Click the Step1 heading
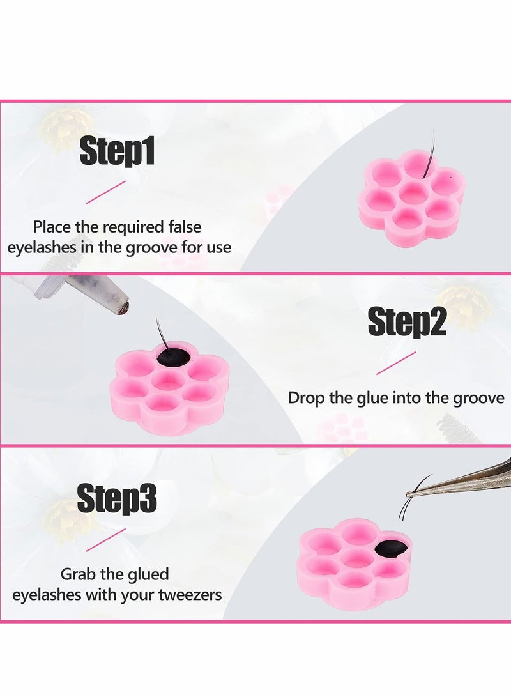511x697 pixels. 117,152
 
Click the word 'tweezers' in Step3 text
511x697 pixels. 190,594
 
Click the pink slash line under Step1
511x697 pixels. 105,192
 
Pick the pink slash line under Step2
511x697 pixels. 395,362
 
